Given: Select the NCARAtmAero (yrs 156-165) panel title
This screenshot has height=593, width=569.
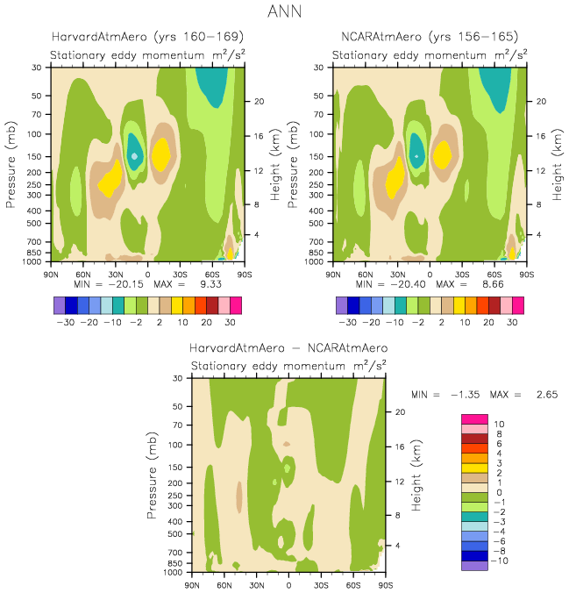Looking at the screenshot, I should [429, 37].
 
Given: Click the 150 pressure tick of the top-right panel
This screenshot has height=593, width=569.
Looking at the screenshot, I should [318, 156].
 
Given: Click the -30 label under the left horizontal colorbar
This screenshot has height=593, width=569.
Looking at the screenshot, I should [65, 323].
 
